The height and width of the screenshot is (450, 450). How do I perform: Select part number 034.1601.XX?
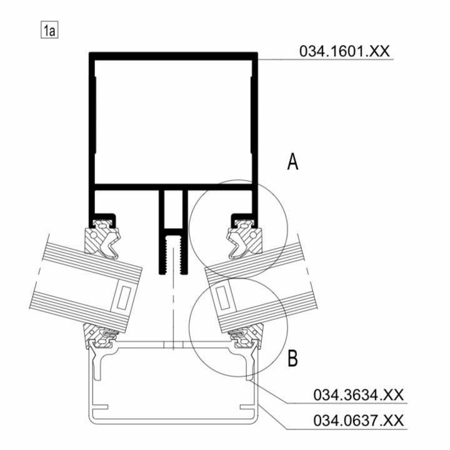coord(344,51)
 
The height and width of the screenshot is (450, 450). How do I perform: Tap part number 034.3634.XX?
coord(359,394)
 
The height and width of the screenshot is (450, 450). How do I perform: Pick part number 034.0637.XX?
coord(359,421)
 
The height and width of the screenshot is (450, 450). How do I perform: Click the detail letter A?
coord(292,162)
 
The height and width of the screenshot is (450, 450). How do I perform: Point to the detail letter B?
coord(292,358)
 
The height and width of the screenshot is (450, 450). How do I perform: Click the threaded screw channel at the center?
coord(173,254)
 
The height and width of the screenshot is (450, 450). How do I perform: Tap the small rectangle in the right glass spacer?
coord(223,298)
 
